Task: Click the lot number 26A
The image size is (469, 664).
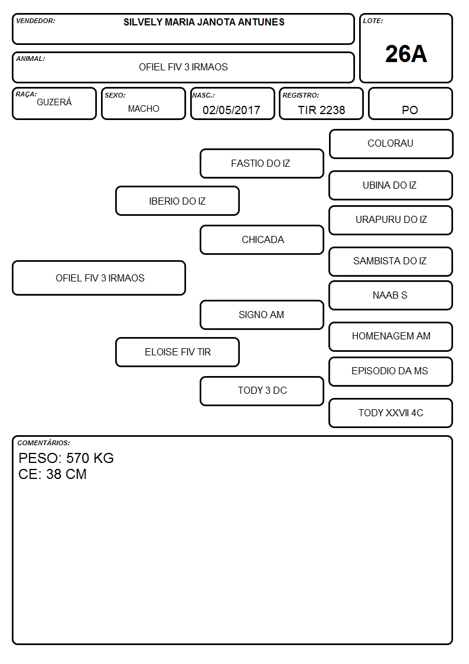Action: [406, 54]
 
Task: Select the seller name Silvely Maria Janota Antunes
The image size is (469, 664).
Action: [204, 22]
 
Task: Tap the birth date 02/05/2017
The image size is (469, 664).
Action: [232, 110]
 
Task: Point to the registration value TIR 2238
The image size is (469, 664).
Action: [321, 110]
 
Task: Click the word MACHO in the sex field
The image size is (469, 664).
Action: [144, 109]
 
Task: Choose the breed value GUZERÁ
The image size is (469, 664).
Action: [54, 102]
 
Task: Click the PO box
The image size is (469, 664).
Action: [410, 103]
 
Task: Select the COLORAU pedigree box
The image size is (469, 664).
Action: [391, 144]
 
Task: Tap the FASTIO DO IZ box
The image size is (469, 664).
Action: [262, 163]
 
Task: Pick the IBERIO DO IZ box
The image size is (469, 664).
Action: [178, 201]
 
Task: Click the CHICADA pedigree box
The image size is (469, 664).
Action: [262, 239]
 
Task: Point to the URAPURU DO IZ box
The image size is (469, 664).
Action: [391, 220]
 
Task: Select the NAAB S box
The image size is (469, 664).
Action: [391, 296]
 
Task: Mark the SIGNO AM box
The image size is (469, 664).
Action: [262, 315]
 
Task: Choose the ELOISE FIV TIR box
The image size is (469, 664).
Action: [178, 352]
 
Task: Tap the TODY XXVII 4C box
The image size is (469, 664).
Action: [391, 413]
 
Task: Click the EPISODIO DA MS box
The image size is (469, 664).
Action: [391, 372]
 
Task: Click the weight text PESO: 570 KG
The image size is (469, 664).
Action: [66, 458]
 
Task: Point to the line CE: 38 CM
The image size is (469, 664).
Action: [53, 474]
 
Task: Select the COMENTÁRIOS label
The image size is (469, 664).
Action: [44, 443]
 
